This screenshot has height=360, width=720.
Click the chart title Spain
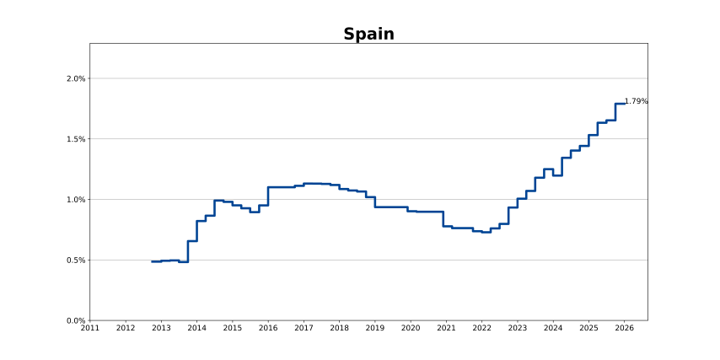[x=368, y=35]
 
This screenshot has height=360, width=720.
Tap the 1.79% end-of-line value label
[x=636, y=101]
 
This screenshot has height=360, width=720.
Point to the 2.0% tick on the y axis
[x=77, y=79]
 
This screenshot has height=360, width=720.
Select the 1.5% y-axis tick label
[x=77, y=139]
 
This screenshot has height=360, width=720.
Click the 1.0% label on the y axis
[x=77, y=200]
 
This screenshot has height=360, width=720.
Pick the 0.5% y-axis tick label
[x=77, y=261]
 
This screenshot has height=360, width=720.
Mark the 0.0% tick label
[x=77, y=320]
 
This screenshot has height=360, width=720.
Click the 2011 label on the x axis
[x=90, y=328]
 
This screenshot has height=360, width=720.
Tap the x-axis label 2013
[x=161, y=328]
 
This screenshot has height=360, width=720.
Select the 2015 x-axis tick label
[x=233, y=328]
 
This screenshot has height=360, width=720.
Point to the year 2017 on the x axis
[x=304, y=328]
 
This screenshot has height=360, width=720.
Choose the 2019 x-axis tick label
[x=375, y=328]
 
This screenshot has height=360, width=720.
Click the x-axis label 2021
[x=446, y=328]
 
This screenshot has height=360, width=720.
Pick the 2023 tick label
[x=517, y=328]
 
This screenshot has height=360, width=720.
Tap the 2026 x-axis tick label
[x=624, y=328]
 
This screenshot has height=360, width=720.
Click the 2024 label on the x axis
[x=553, y=328]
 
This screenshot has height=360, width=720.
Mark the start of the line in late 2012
[x=153, y=261]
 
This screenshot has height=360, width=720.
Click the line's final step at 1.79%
[x=620, y=104]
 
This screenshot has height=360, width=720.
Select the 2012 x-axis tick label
[x=126, y=328]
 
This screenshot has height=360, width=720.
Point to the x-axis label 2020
[x=411, y=328]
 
